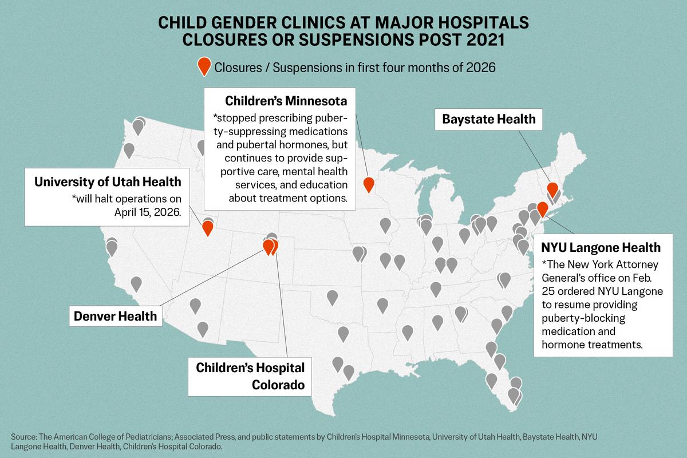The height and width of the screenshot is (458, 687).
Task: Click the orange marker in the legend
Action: [x=203, y=66]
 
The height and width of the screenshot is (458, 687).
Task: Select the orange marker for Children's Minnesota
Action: [x=369, y=184]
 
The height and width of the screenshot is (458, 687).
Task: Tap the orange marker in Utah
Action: [x=208, y=228]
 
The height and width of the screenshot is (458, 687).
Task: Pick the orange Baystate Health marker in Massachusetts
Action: [x=552, y=189]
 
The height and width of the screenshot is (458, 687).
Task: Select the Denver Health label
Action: [x=114, y=315]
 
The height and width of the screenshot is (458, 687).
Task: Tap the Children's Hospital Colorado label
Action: [x=250, y=376]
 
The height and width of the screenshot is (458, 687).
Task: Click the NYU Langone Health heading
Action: [x=601, y=248]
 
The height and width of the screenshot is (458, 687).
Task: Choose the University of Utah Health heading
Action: [x=108, y=181]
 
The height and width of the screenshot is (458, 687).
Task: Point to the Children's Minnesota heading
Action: [x=286, y=101]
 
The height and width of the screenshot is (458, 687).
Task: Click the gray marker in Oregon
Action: [x=129, y=150]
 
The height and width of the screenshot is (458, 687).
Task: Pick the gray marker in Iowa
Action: [x=385, y=226]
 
